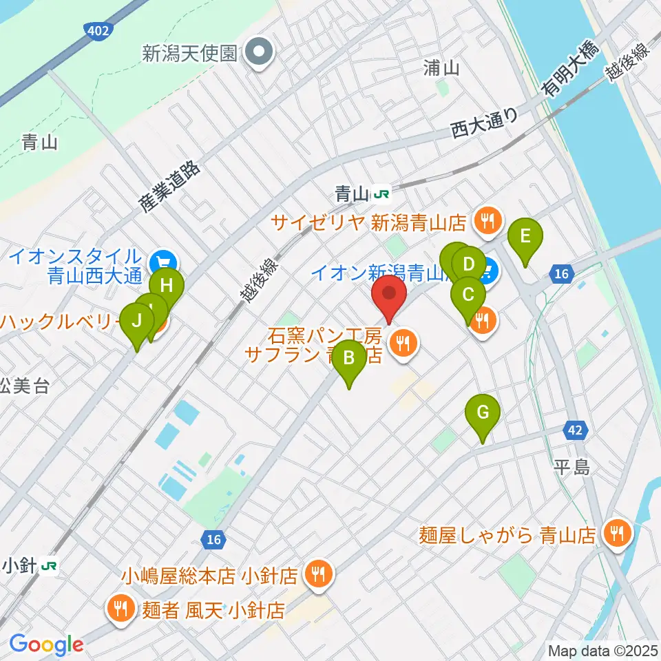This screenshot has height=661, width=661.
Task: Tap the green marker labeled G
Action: point(483,413)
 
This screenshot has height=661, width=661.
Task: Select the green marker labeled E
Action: point(525,238)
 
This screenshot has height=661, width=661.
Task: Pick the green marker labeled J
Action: point(136,321)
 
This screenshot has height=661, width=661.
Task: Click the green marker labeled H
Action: point(167,284)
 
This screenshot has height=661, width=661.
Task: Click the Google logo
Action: point(46,644)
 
